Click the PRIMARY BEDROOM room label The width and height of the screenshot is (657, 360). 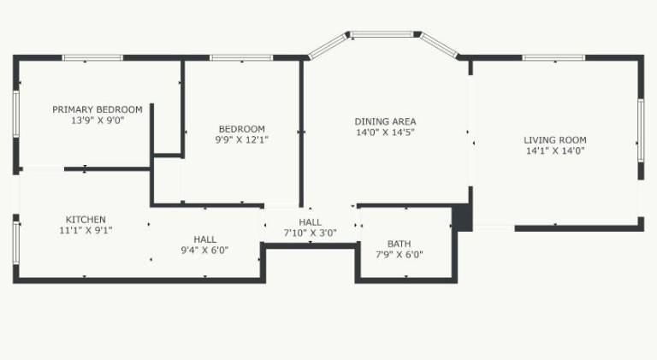pos(98,109)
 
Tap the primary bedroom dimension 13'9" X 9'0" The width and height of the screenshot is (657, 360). pos(98,121)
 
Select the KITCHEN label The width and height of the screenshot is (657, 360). pos(86,220)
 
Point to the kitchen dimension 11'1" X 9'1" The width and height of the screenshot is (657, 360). pos(86,230)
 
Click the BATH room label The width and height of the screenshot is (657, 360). pos(399,244)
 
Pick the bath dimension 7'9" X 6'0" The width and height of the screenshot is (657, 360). pos(400,254)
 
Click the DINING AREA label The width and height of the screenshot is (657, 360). pos(386,121)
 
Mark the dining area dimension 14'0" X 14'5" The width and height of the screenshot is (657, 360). pos(386,133)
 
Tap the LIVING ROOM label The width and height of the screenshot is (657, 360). pos(555,140)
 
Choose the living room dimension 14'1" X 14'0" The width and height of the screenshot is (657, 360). pos(555,150)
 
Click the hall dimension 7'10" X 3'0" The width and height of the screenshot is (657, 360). pos(311,233)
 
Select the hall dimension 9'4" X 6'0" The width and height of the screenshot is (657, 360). pos(204,251)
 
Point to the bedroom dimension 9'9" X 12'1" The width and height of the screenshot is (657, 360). pos(242,139)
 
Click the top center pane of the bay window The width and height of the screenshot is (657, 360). pos(382,34)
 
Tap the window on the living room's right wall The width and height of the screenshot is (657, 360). pos(641,130)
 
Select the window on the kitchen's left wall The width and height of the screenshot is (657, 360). pos(16,243)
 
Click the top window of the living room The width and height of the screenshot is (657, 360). pos(553,58)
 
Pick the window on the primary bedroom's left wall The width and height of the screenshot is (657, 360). pos(16,114)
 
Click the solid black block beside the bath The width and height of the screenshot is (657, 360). pos(463,217)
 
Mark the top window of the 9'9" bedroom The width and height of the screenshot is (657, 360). pos(241,58)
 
